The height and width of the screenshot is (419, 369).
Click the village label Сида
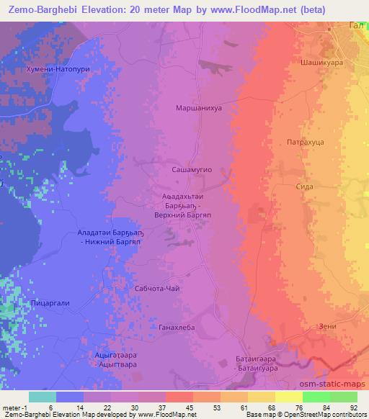point(304,185)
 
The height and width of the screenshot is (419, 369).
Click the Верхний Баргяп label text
point(187,215)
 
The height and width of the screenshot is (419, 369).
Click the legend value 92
point(353,407)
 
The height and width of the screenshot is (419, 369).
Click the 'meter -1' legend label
point(15,407)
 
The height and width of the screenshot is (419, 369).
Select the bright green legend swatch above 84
point(316,397)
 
